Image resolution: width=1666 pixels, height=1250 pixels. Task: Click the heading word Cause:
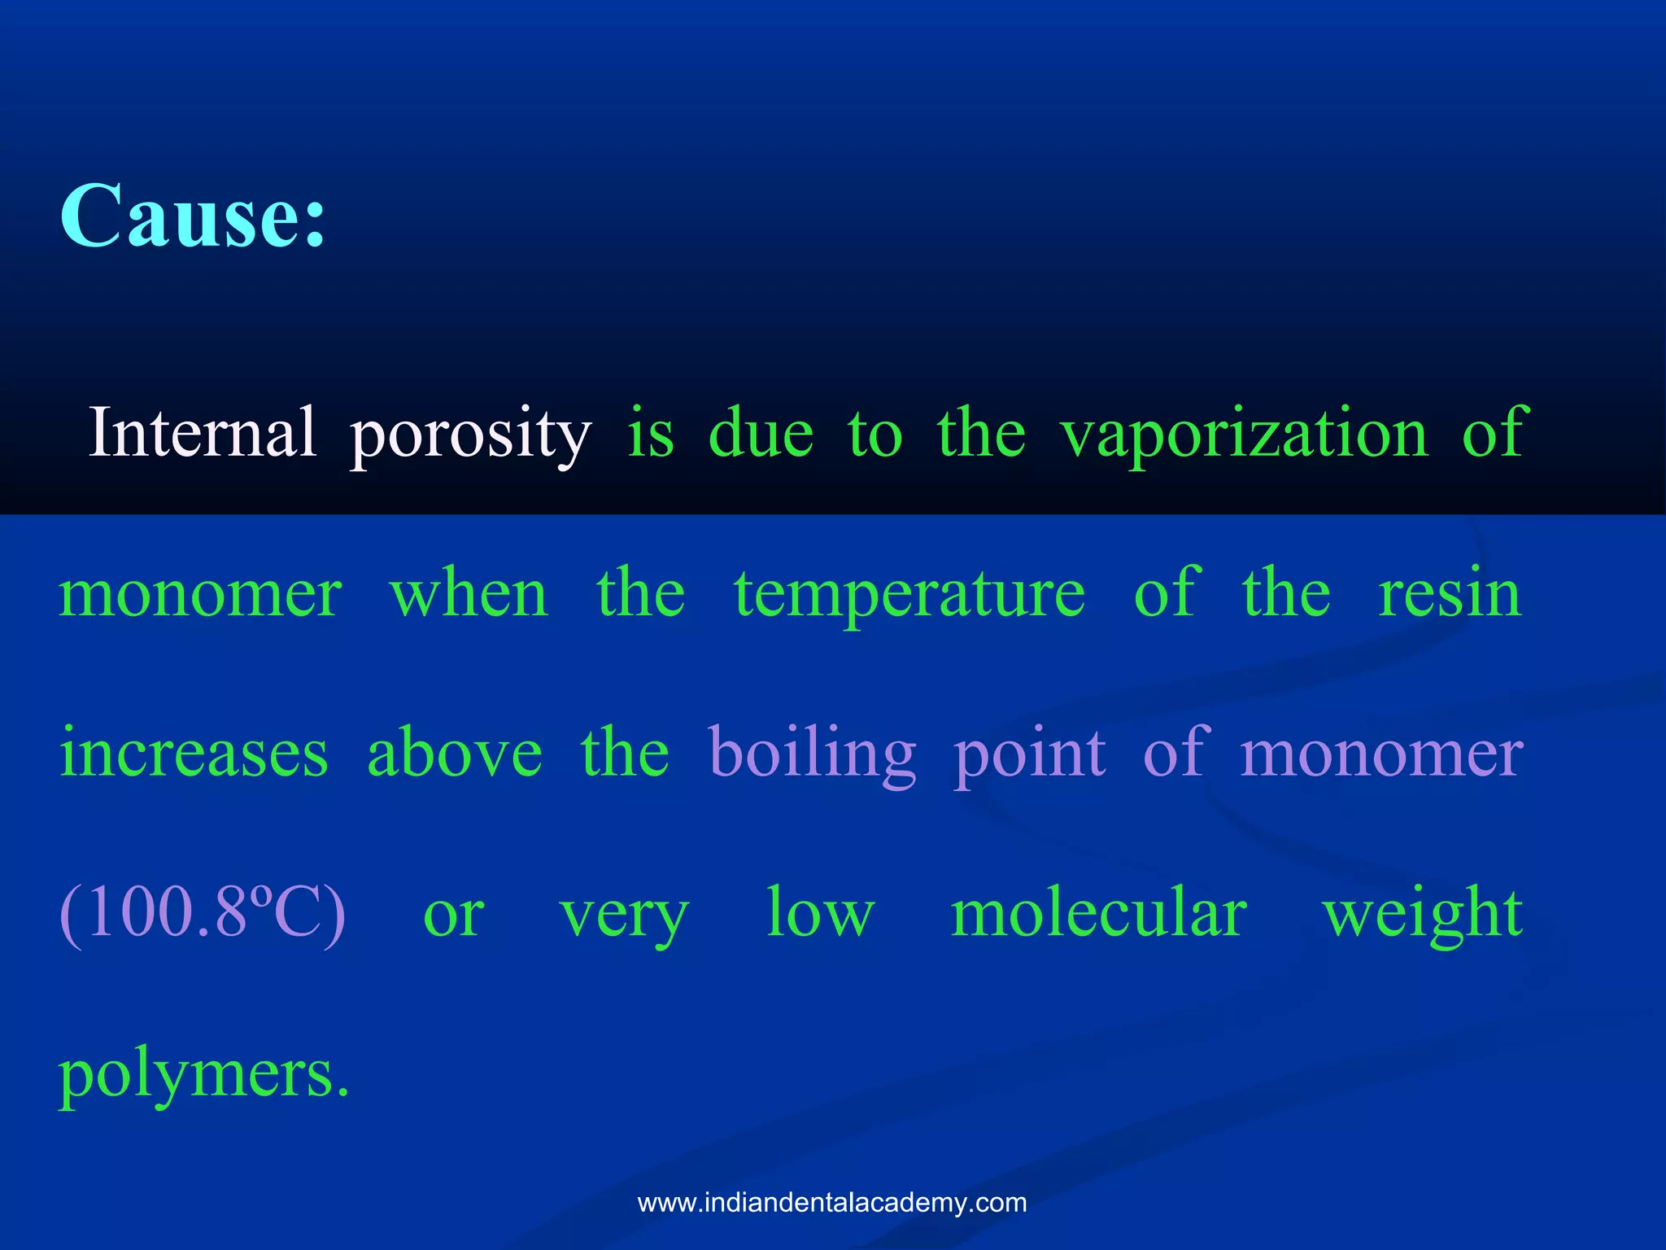(194, 216)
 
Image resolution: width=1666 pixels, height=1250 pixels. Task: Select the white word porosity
(470, 435)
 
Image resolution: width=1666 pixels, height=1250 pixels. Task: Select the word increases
(194, 754)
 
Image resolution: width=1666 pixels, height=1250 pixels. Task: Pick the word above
(455, 754)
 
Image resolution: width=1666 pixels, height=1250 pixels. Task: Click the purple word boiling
(812, 755)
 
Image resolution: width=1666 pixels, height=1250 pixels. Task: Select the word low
(820, 913)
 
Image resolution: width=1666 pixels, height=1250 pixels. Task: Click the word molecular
(1098, 913)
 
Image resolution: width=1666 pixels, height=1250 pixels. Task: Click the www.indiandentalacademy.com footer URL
(832, 1203)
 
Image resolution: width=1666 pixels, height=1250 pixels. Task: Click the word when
(469, 594)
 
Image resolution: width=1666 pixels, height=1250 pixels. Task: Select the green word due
(761, 433)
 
